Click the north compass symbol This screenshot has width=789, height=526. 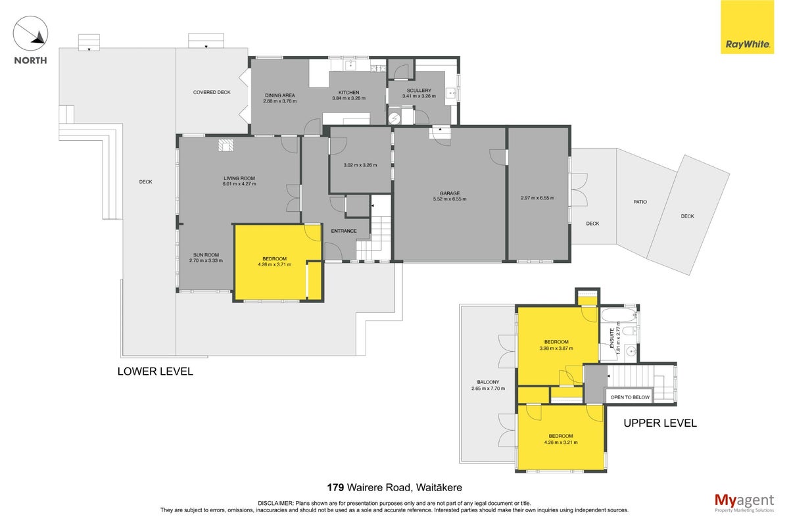(x=30, y=34)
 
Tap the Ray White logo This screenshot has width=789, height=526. (x=747, y=27)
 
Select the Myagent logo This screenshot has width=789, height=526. (x=744, y=503)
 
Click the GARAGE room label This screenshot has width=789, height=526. (x=450, y=193)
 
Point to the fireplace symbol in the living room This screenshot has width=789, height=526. (x=226, y=145)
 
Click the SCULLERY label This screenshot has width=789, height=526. (x=419, y=91)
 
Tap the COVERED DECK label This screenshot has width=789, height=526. (x=212, y=92)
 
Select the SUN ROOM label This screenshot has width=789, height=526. (x=206, y=254)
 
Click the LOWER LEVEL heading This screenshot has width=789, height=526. (x=155, y=371)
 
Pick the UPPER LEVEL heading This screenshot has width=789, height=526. (x=660, y=423)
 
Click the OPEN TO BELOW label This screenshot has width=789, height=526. (x=630, y=397)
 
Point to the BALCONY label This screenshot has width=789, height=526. (x=488, y=382)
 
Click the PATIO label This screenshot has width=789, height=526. (x=640, y=202)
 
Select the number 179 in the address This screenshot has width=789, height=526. (x=335, y=488)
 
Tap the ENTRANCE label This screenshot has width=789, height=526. (x=344, y=231)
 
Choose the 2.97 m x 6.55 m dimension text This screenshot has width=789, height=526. (x=538, y=198)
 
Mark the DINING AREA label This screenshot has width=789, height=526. (x=280, y=95)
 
